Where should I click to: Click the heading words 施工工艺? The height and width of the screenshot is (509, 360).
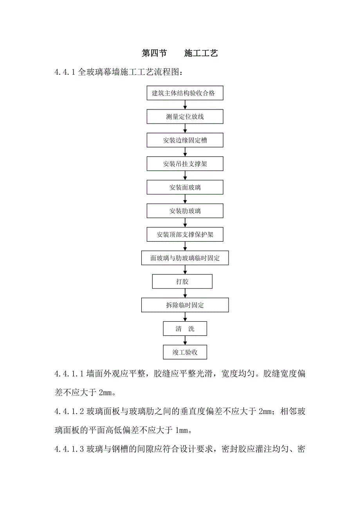[201, 54]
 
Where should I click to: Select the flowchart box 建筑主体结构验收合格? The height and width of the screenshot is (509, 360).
[185, 93]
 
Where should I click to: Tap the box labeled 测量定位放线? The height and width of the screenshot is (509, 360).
[185, 117]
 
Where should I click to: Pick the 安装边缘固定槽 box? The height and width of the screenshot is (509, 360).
[185, 140]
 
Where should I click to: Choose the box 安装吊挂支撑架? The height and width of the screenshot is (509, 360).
[185, 164]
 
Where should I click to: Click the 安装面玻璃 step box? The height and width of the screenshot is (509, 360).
[185, 187]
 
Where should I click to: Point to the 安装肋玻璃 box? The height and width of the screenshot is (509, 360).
[185, 211]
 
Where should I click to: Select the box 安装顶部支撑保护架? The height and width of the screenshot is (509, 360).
[185, 235]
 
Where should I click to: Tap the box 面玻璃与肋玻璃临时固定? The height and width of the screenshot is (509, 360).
[185, 258]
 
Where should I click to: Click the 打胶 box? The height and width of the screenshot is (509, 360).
[182, 281]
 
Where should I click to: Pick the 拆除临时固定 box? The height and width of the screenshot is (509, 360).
[185, 305]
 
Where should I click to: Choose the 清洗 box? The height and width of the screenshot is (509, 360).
[185, 329]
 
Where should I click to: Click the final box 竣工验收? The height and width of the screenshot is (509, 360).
[185, 352]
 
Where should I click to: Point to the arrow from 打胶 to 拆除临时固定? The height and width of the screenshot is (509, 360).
[185, 293]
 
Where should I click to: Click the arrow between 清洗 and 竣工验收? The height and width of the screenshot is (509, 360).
[185, 341]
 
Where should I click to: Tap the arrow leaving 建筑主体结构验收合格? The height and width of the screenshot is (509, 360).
[185, 105]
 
